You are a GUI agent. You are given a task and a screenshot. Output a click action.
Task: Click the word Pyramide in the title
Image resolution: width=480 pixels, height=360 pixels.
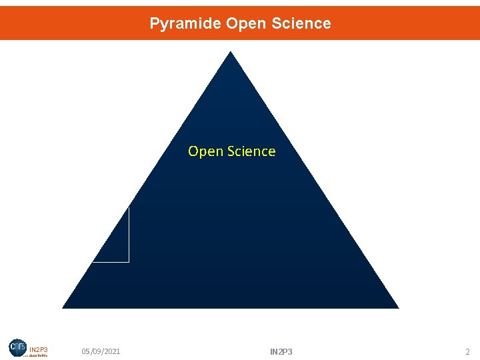(x=185, y=24)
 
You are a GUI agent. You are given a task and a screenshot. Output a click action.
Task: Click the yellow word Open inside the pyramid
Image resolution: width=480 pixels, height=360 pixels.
(x=205, y=151)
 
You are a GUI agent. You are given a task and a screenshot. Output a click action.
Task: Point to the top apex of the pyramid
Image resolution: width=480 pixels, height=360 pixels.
(x=230, y=53)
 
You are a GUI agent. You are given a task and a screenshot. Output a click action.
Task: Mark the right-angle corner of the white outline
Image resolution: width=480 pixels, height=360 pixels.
(x=129, y=261)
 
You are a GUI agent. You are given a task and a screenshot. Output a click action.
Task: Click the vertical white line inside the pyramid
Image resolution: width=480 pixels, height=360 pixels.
(x=129, y=233)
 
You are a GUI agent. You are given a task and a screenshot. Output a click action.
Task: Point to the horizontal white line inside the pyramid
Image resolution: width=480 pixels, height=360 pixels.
(x=111, y=261)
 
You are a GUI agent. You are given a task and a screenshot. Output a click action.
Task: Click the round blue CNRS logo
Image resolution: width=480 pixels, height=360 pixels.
(x=18, y=347)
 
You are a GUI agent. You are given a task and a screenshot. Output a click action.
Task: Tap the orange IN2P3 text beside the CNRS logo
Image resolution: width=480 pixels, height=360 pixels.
(x=39, y=349)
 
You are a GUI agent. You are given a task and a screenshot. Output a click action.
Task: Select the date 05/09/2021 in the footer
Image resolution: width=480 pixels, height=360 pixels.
(x=101, y=351)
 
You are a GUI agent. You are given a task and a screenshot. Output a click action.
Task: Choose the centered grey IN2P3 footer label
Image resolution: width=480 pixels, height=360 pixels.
(x=281, y=351)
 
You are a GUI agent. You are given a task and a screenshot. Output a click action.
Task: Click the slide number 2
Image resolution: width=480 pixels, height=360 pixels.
(x=467, y=351)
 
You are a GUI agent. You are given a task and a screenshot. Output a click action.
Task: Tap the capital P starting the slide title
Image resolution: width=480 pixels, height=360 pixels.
(x=154, y=24)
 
